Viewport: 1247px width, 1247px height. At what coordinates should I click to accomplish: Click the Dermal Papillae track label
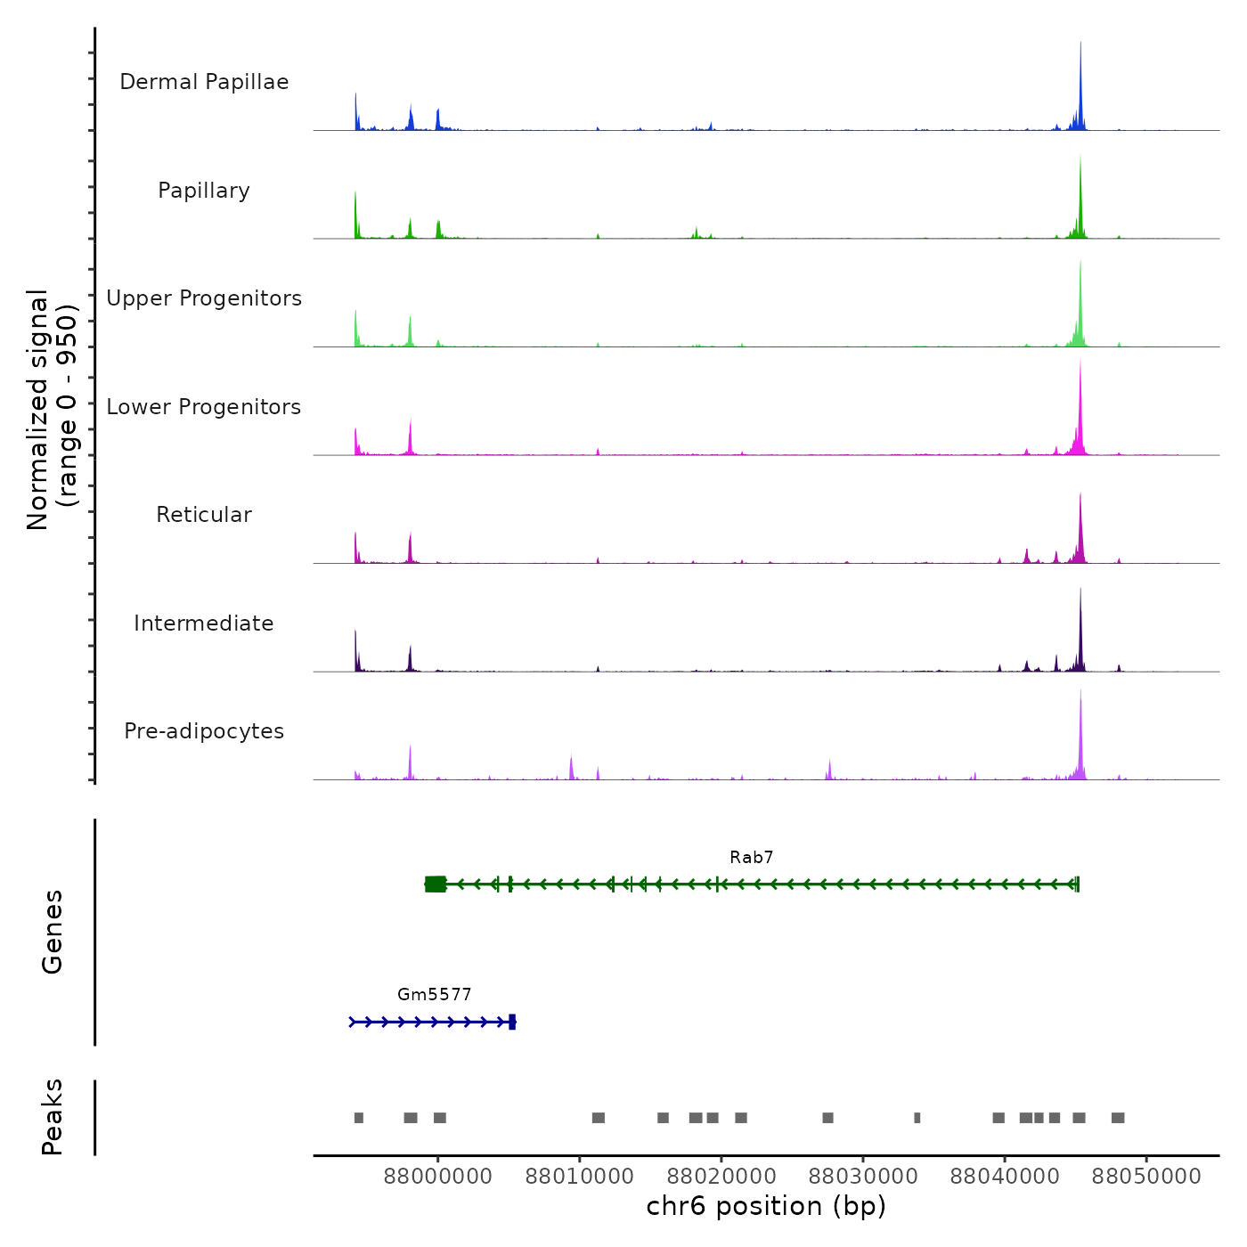pos(204,82)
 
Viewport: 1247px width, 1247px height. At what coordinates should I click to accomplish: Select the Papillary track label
pos(204,191)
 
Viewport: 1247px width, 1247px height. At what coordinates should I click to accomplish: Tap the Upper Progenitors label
pos(204,298)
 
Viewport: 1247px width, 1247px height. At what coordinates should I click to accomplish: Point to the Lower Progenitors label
pos(204,407)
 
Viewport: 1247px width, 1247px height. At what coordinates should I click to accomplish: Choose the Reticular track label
pos(204,515)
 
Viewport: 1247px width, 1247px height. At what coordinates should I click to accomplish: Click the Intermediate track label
pos(204,623)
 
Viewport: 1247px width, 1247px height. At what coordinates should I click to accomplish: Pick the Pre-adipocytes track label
pos(204,731)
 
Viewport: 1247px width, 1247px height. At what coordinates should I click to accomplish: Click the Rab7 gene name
pos(751,858)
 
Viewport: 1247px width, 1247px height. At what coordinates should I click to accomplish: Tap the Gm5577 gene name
pos(434,995)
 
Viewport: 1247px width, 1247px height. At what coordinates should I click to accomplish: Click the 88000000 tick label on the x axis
pos(437,1177)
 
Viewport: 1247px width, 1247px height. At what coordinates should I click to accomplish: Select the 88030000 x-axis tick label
pos(862,1177)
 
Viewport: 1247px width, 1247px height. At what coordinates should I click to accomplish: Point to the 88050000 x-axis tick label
pos(1146,1177)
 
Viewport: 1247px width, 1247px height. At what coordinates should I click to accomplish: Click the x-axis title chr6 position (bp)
pos(766,1206)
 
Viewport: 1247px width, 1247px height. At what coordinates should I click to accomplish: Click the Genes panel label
pos(53,932)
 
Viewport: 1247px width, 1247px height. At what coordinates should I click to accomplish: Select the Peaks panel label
pos(53,1117)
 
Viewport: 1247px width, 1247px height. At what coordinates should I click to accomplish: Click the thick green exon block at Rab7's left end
pos(436,884)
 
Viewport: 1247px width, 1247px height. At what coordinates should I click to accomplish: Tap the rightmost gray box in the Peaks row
pos(1118,1118)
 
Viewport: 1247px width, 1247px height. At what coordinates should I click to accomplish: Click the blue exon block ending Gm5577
pos(512,1022)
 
